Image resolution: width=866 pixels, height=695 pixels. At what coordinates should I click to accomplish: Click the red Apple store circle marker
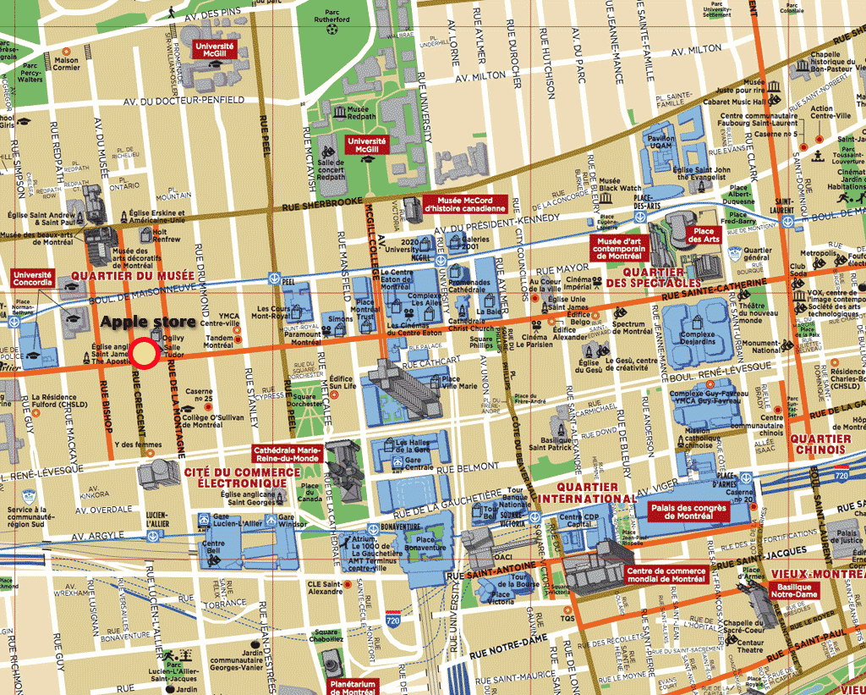145,355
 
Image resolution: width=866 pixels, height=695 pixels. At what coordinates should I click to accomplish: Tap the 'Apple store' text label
149,323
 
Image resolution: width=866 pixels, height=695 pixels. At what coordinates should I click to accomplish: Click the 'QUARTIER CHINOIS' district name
820,444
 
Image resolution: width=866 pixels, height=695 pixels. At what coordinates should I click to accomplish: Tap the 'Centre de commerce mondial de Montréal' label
666,574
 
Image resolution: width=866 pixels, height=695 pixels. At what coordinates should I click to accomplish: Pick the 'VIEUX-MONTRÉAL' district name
817,573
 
